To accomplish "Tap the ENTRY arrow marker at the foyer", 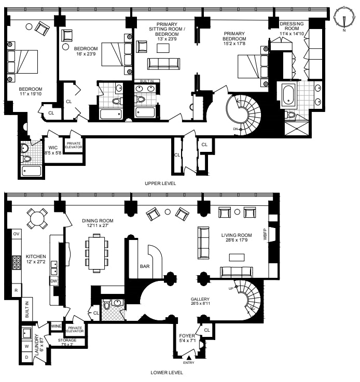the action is point(188,357).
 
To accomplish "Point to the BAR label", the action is point(145,267).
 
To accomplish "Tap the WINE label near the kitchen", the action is point(56,326).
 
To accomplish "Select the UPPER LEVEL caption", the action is point(161,183).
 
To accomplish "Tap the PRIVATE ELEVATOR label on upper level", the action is point(73,144).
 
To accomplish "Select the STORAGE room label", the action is point(67,342).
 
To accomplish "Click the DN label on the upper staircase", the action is point(236,129).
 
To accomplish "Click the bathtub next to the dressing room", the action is point(288,94).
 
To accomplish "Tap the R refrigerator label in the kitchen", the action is point(16,290).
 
